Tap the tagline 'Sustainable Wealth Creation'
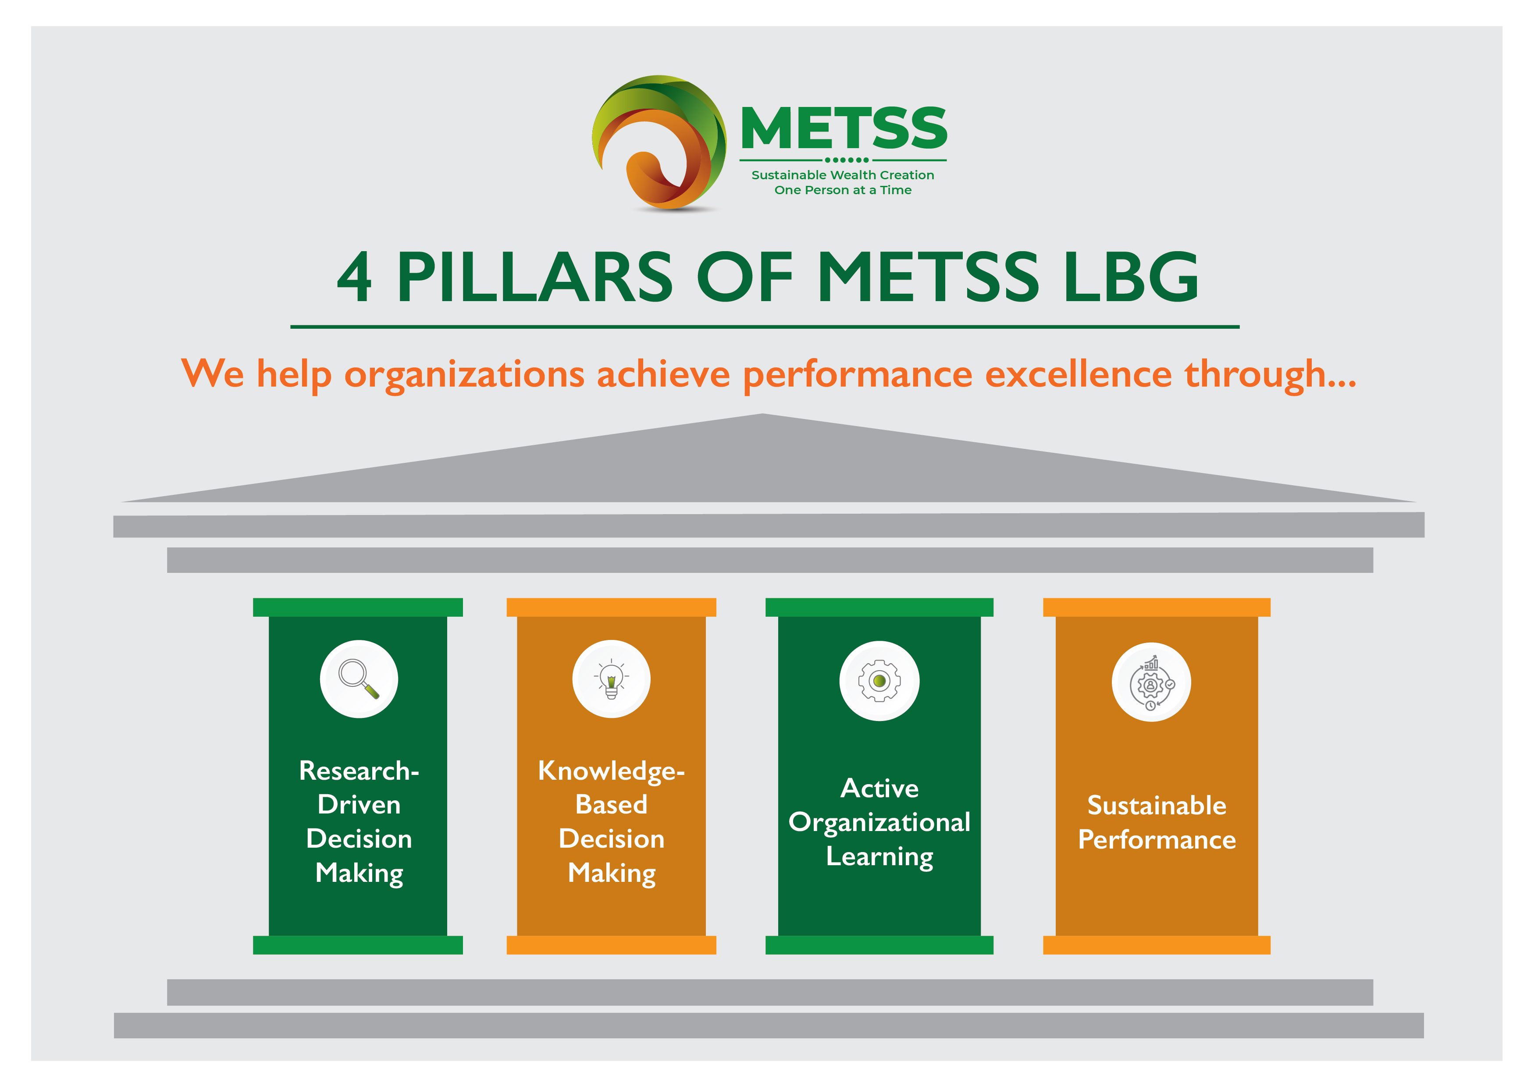pyautogui.click(x=843, y=175)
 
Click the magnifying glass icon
pyautogui.click(x=359, y=678)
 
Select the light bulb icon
pyautogui.click(x=611, y=678)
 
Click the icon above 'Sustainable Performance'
pyautogui.click(x=1151, y=682)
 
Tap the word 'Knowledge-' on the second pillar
pyautogui.click(x=611, y=771)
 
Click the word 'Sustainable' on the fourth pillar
pyautogui.click(x=1157, y=805)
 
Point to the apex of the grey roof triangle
pyautogui.click(x=762, y=414)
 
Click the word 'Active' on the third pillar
pyautogui.click(x=879, y=788)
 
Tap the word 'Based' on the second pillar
pyautogui.click(x=611, y=804)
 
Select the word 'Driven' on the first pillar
pyautogui.click(x=359, y=804)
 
